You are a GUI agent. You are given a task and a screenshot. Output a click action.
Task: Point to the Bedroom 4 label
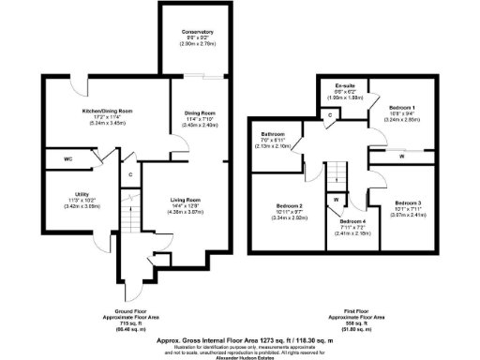pos(349,220)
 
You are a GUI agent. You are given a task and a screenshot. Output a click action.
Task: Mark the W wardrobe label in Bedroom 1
pos(401,157)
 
